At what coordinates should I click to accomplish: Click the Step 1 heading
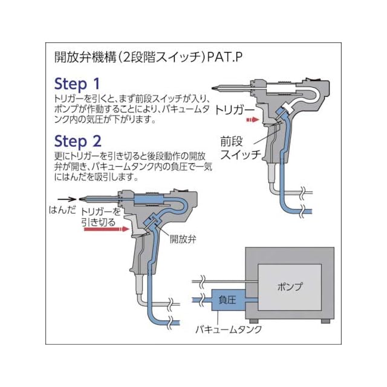[77, 83]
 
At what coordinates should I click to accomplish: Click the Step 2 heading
[77, 141]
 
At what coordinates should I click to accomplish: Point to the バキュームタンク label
[229, 330]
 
